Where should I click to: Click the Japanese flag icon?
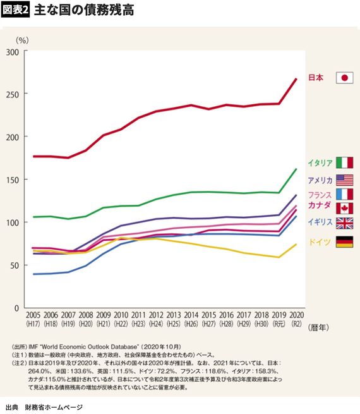[x=344, y=78]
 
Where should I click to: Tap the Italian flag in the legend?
[x=344, y=162]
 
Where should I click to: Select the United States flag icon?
[x=344, y=180]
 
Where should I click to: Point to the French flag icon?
[x=344, y=194]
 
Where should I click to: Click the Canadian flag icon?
[x=344, y=208]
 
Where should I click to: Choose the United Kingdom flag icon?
[x=344, y=222]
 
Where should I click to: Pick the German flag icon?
[x=344, y=241]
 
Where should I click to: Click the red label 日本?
[x=316, y=78]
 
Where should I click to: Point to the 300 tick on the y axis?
[x=11, y=51]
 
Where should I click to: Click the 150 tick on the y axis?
[x=11, y=180]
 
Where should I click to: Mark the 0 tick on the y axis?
[x=17, y=308]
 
